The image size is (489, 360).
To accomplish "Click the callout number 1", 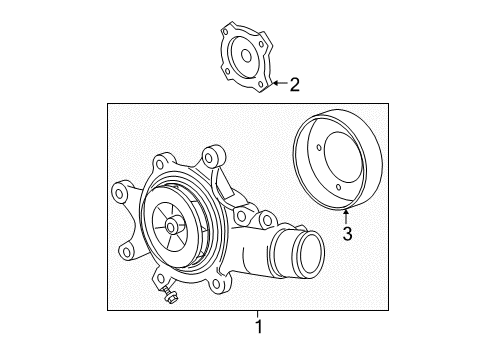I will point(259,327).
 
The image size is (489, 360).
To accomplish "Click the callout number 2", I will point(295,85).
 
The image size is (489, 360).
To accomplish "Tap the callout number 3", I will point(348,235).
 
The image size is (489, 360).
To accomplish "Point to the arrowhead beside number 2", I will point(274,84).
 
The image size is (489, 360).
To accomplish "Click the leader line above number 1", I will point(259,315).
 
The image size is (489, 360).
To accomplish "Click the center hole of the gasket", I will point(243,57).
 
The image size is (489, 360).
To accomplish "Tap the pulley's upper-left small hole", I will point(319,150).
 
